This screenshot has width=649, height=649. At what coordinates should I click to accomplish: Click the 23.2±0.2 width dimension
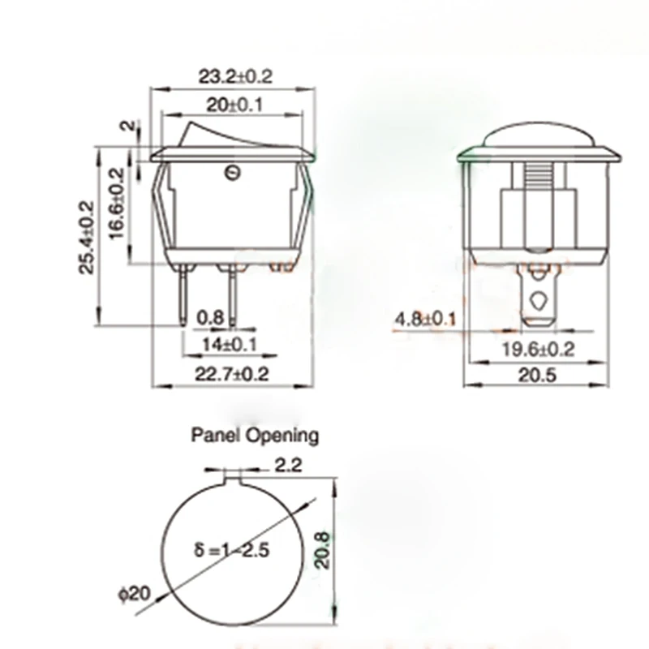235,76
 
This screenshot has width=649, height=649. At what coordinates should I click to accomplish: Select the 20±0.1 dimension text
234,104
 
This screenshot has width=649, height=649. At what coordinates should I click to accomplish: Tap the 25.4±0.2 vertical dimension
88,237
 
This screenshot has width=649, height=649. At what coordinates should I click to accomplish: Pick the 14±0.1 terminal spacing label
229,345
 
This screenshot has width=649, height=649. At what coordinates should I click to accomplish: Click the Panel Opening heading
255,436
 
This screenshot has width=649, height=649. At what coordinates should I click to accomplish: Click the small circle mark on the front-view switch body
230,171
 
